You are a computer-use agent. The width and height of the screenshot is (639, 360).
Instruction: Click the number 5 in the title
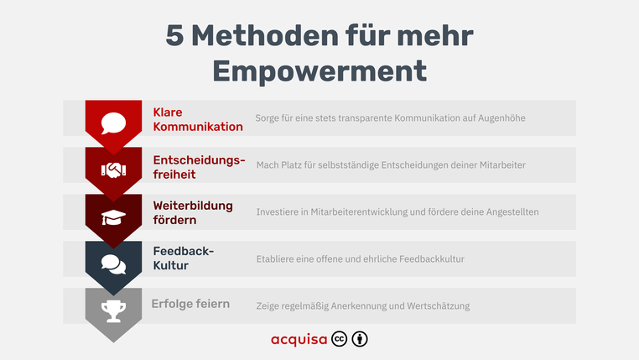174,36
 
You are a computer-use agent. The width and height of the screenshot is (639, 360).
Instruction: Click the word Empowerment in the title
319,70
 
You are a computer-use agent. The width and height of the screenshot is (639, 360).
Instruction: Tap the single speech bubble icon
113,123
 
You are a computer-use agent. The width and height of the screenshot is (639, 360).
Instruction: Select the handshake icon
113,170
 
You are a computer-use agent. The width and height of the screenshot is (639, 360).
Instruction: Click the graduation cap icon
113,217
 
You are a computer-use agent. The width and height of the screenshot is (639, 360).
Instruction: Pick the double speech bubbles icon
113,263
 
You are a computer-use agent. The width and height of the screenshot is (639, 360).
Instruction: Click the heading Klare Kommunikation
197,119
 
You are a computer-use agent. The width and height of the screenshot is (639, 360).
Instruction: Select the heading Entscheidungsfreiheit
199,166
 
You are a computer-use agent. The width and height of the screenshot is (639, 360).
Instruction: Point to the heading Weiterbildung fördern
193,212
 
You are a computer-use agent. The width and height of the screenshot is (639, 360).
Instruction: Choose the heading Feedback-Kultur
183,258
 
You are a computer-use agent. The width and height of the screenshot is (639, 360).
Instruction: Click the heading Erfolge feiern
190,304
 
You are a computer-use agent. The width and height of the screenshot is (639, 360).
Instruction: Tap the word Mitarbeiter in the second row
498,165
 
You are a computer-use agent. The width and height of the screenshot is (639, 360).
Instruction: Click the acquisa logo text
299,340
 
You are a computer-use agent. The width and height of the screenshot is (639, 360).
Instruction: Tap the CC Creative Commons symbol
340,339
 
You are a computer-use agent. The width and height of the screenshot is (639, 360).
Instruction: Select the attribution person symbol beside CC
360,339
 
